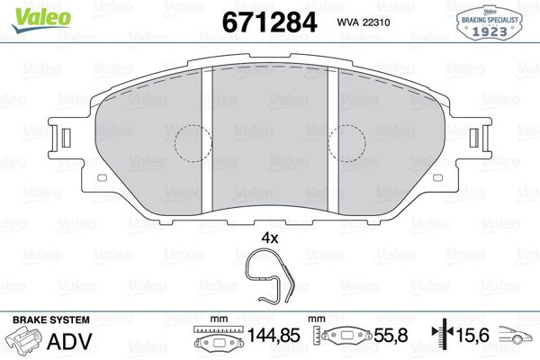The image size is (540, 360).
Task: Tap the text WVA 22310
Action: pyautogui.click(x=364, y=22)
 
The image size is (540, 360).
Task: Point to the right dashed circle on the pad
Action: pyautogui.click(x=347, y=142)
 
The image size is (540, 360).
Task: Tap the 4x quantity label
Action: pyautogui.click(x=269, y=239)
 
